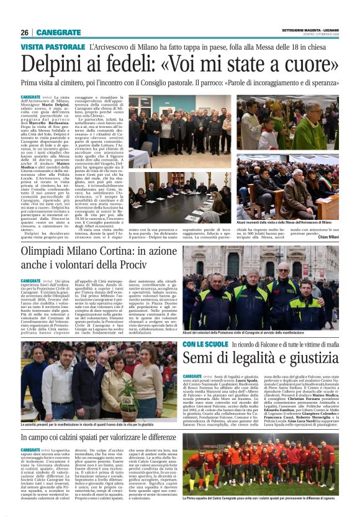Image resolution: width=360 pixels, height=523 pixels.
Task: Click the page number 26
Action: (x=25, y=32)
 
